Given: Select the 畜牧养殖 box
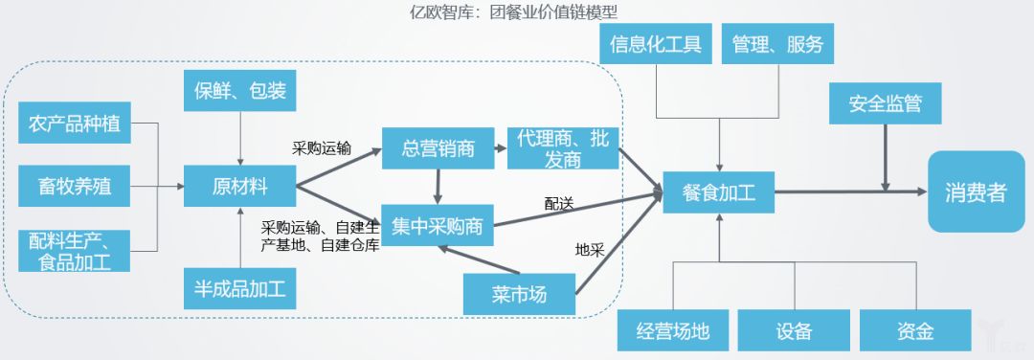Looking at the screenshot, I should point(76,186).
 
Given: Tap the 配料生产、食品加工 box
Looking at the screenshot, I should point(76,250).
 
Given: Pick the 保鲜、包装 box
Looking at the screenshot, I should point(239,93).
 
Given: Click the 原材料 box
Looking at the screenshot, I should point(239,186).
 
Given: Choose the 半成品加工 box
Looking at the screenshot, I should point(239,286).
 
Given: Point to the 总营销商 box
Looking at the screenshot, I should point(437,147).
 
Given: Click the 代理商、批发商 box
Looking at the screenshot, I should point(562,147).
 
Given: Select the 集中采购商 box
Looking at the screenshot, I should point(437,227).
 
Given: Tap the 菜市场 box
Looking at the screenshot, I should point(519,294).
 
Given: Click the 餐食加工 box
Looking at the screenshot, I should point(719,191).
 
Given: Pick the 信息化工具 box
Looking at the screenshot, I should point(656,44).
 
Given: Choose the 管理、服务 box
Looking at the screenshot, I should point(776,44).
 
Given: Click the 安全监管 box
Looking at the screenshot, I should point(884,103).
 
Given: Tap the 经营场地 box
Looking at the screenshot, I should point(673,330).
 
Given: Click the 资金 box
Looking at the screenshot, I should point(914,330).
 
